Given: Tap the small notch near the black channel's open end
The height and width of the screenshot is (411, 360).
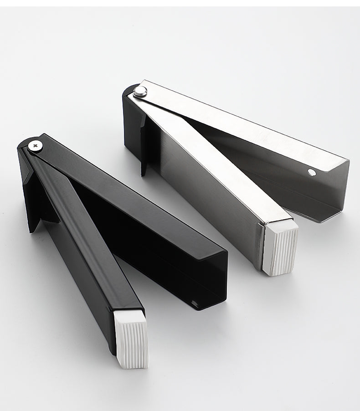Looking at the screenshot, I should (x=195, y=303).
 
